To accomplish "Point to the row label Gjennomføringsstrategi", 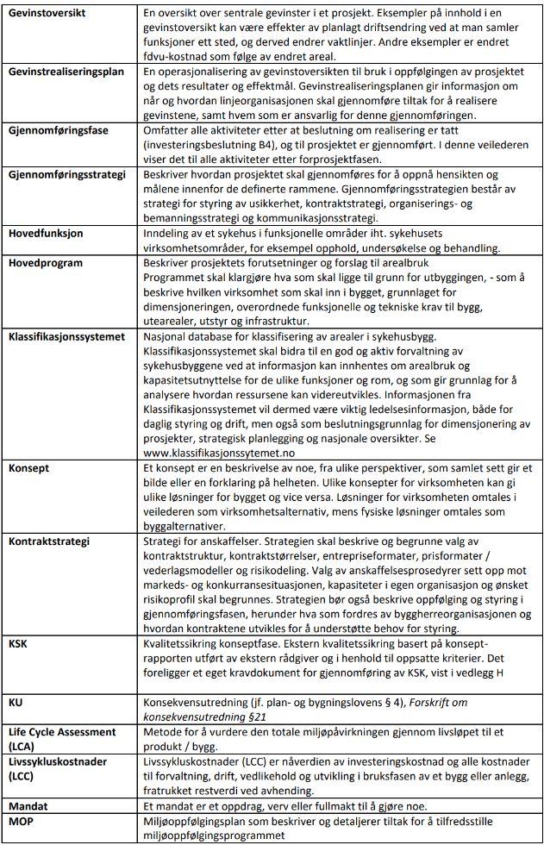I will click(x=64, y=175).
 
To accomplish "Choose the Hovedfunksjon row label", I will click(x=45, y=234).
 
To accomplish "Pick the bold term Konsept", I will click(x=28, y=467).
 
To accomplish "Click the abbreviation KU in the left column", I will click(x=16, y=703).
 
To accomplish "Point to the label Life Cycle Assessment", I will click(x=63, y=732).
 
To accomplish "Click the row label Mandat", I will click(x=29, y=805).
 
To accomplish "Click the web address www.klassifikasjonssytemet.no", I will click(x=217, y=451).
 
